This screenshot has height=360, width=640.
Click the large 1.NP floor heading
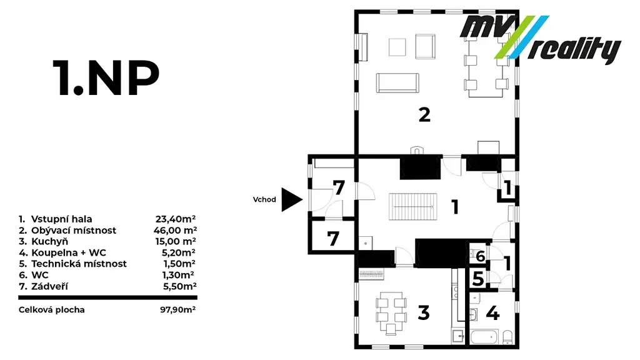[106, 78]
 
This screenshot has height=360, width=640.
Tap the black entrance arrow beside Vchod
[292, 199]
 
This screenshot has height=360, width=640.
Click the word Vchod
[264, 199]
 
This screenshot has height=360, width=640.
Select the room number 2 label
[424, 115]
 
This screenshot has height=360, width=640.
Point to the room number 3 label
[424, 312]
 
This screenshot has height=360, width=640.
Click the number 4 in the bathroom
[492, 314]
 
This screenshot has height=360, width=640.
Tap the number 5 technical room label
[478, 279]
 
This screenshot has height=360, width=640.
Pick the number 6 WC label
[481, 256]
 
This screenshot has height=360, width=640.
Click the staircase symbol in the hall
[412, 206]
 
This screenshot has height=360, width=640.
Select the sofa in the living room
[397, 83]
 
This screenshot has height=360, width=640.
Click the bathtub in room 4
[484, 337]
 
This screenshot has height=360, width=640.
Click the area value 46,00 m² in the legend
[175, 230]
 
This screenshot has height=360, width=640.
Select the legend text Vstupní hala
[62, 219]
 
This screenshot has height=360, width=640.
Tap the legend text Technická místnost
[79, 264]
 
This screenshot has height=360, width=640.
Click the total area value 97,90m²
[178, 309]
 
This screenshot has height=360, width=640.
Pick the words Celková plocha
[52, 310]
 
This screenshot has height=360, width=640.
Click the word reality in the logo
[574, 50]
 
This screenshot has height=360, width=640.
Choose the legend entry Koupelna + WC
[69, 252]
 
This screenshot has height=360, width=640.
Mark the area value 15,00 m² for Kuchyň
[176, 241]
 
